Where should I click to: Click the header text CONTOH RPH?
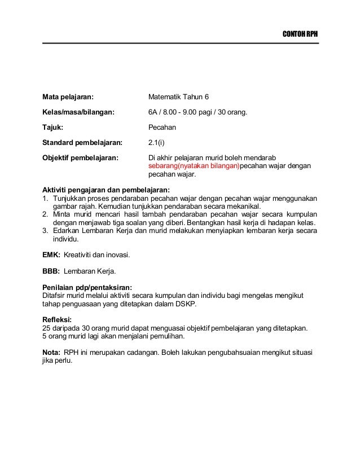[300, 34]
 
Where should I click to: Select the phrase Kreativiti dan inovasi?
[96, 256]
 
